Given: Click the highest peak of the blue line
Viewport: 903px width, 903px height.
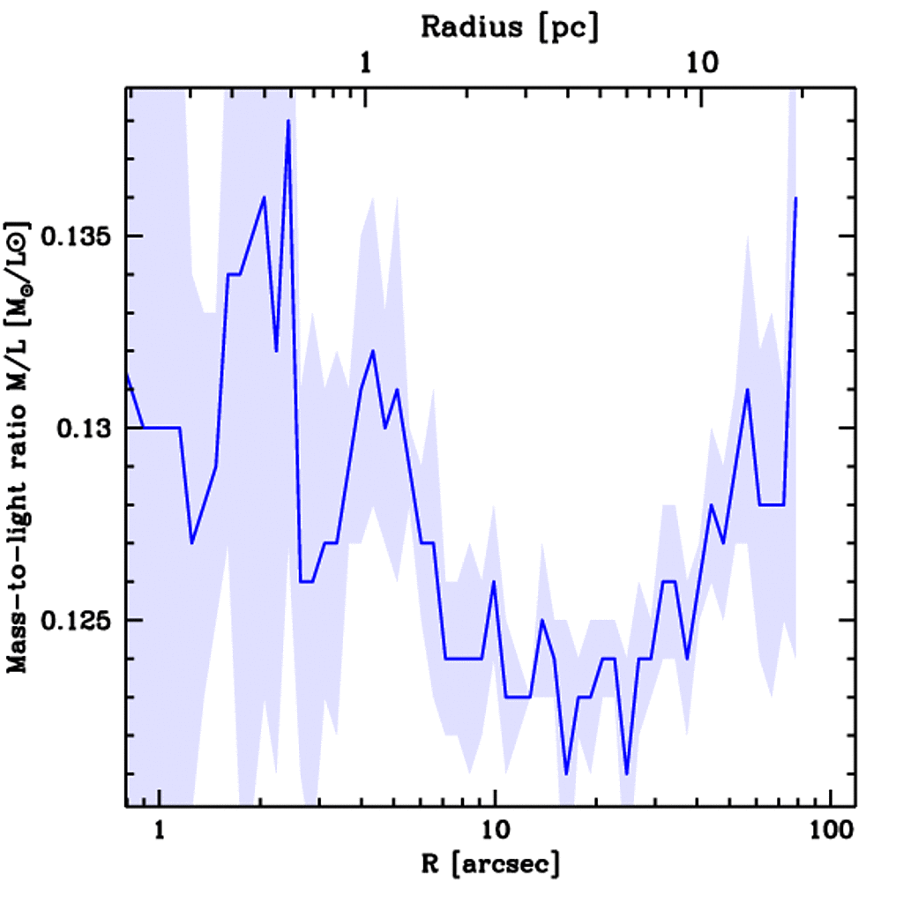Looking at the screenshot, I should coord(288,121).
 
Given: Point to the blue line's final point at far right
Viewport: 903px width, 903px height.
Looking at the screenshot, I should coord(795,198).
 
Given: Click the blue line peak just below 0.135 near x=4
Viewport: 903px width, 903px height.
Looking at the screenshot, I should coord(373,351).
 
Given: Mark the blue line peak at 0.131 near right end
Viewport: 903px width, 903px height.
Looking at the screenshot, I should coord(748,389).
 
